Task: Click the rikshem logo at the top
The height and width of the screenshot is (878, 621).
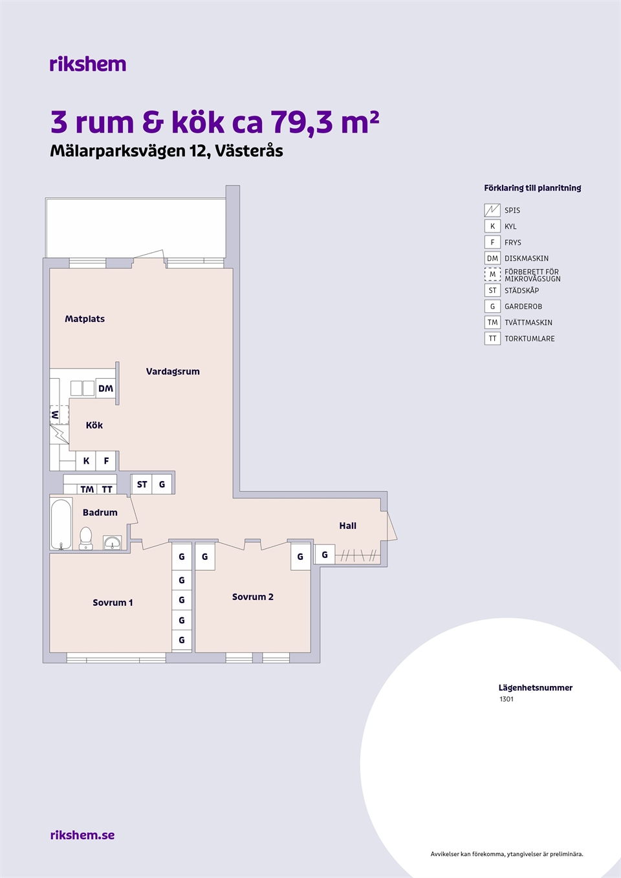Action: [x=88, y=64]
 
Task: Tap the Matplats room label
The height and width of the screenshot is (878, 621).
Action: [x=85, y=319]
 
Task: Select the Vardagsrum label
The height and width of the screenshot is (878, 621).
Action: [x=173, y=372]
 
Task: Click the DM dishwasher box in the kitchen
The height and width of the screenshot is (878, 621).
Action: [x=105, y=389]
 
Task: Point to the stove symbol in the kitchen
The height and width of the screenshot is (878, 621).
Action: [x=60, y=434]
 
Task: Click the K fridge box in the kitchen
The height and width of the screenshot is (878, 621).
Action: [x=86, y=461]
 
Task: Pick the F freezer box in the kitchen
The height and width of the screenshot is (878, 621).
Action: [x=106, y=461]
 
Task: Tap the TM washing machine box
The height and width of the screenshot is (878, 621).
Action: [x=87, y=489]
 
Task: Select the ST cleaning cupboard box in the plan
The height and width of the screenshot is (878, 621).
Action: [x=142, y=484]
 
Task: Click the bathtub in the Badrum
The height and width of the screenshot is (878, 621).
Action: [x=61, y=524]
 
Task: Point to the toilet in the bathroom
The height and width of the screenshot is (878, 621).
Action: [x=86, y=538]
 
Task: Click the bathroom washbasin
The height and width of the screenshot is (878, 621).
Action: [x=113, y=543]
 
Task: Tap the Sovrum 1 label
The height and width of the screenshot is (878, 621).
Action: [x=113, y=603]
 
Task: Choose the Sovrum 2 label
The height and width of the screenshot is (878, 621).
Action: [x=252, y=597]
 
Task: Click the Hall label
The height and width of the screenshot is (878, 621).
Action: [x=348, y=526]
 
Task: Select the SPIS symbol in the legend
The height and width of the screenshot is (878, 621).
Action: [x=492, y=210]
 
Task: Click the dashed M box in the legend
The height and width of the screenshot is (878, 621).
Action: [x=492, y=274]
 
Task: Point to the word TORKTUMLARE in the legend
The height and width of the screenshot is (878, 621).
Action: [x=530, y=339]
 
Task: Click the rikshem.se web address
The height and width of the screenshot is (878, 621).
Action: [x=83, y=835]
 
